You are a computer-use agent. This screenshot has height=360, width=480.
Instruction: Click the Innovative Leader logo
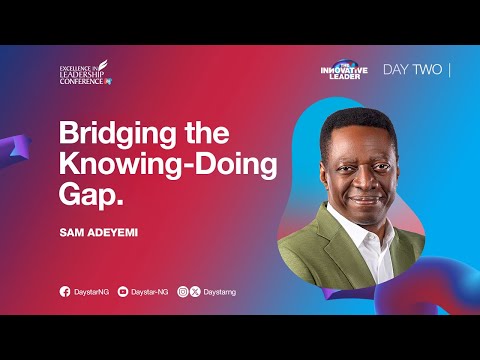[343, 68]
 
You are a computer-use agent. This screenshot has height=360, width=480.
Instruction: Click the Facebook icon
[65, 291]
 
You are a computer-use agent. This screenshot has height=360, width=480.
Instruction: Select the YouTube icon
[122, 291]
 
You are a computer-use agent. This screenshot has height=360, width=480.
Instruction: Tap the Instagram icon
[182, 291]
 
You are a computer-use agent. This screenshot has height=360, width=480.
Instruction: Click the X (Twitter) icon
[195, 291]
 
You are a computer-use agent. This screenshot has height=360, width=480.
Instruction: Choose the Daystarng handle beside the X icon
[221, 291]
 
